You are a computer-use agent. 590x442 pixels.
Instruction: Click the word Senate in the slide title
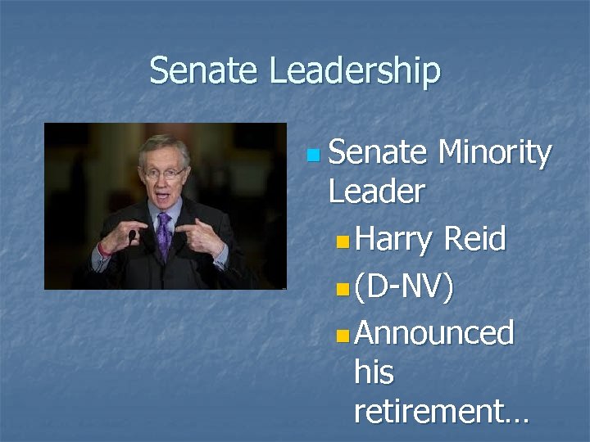tap(205, 71)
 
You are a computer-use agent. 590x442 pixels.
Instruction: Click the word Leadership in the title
tap(355, 73)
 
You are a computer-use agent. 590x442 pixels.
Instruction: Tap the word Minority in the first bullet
tap(495, 152)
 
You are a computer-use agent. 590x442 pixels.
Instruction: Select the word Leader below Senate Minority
tap(376, 192)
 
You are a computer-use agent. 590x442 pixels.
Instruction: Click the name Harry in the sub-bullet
tap(393, 241)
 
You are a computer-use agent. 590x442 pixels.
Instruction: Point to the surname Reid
tap(475, 240)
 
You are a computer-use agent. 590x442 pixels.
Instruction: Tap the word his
tap(374, 373)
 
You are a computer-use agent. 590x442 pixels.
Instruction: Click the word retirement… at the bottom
tap(441, 413)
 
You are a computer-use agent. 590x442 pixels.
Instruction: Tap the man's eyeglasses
tap(163, 173)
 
